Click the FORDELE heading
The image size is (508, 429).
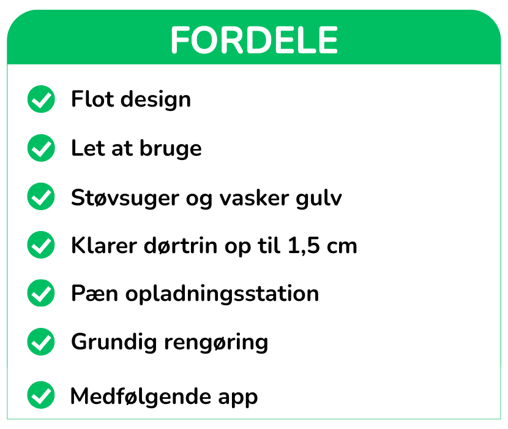pyautogui.click(x=255, y=40)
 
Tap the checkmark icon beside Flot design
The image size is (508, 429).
pyautogui.click(x=41, y=99)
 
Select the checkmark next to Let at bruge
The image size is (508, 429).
pyautogui.click(x=41, y=148)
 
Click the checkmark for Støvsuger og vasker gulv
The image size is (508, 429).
pyautogui.click(x=41, y=196)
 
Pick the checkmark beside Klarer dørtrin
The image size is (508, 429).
pyautogui.click(x=41, y=245)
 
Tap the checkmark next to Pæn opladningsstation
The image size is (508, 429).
pyautogui.click(x=41, y=293)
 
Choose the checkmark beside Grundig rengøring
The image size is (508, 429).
pyautogui.click(x=41, y=342)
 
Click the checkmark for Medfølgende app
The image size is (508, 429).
pyautogui.click(x=41, y=395)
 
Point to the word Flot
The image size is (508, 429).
pyautogui.click(x=92, y=99)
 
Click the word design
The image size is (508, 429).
pyautogui.click(x=156, y=100)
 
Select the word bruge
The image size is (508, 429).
pyautogui.click(x=171, y=149)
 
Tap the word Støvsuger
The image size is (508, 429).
pyautogui.click(x=125, y=198)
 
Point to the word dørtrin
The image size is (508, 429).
pyautogui.click(x=181, y=245)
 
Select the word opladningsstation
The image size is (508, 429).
pyautogui.click(x=222, y=294)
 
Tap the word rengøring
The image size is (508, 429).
pyautogui.click(x=217, y=343)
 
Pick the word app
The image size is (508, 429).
pyautogui.click(x=238, y=398)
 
